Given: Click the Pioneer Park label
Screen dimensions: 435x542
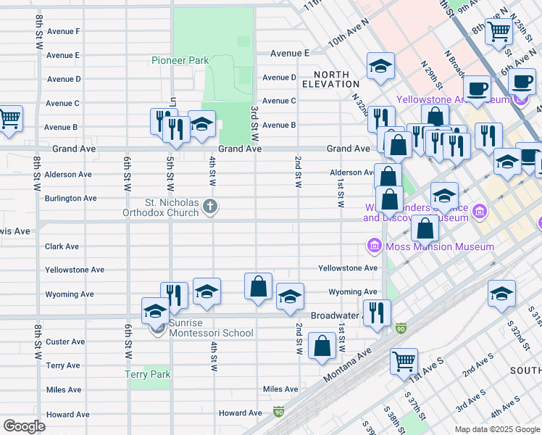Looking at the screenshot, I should tap(180, 60).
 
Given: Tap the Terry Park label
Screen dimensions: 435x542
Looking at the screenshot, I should tap(148, 375).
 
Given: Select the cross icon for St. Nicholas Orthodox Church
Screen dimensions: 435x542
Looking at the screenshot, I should tap(210, 207).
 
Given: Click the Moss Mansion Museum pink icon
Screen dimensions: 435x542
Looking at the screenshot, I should tap(375, 246).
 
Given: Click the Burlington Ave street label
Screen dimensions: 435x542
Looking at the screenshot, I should tap(71, 198).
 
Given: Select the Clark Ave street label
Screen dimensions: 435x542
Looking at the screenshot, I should tap(62, 246).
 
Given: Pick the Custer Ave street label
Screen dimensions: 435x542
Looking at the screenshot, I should tap(65, 341).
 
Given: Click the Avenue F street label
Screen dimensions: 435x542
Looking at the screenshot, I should tap(63, 31).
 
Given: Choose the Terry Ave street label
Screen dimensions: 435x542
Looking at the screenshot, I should tap(63, 365).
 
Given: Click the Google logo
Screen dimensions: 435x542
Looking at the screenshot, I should tap(25, 426).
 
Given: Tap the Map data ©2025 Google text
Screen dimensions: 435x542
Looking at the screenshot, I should tap(496, 429).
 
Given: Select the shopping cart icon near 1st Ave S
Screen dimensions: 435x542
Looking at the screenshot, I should tap(404, 360).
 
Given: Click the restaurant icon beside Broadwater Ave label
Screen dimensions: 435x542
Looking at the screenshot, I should tap(376, 312).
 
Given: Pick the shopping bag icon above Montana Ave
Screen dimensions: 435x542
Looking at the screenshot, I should tap(322, 346).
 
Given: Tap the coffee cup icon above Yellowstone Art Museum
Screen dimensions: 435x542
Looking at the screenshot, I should tap(476, 88).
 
